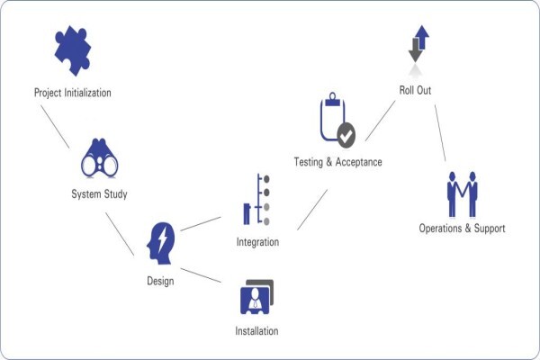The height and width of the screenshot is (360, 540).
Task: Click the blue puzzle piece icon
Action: (73, 50)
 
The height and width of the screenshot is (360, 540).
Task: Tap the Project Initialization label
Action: (73, 93)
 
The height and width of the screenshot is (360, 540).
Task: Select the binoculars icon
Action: (100, 158)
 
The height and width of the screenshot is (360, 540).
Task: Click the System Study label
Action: (99, 194)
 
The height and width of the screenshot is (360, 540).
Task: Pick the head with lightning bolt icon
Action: (160, 244)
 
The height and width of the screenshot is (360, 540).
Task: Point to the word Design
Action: (160, 281)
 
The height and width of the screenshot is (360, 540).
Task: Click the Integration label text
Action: (257, 242)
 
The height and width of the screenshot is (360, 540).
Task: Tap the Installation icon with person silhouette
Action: (256, 297)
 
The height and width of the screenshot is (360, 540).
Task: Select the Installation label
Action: (256, 331)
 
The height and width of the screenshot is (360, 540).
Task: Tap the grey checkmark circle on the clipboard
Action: (346, 135)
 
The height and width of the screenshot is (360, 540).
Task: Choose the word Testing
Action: (309, 162)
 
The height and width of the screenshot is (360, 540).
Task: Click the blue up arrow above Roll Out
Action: (422, 36)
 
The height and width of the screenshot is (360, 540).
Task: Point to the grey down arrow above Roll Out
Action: (415, 51)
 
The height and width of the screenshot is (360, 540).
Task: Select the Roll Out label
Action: (415, 90)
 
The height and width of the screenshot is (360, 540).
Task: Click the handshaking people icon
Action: (463, 194)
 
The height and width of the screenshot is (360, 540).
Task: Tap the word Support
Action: (490, 229)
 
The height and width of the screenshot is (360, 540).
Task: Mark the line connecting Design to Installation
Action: (201, 275)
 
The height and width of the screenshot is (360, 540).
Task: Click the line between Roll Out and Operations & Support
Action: (440, 133)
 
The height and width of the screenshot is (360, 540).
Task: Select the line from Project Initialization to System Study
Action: (55, 127)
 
